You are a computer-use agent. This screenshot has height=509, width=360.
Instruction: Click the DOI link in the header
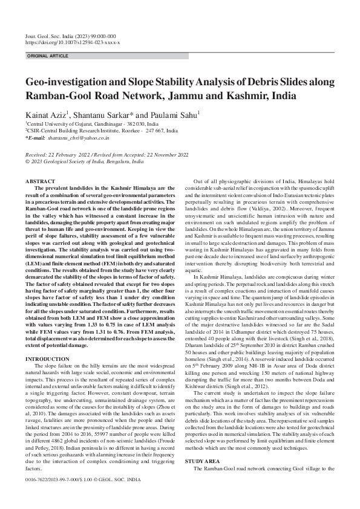[73, 43]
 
